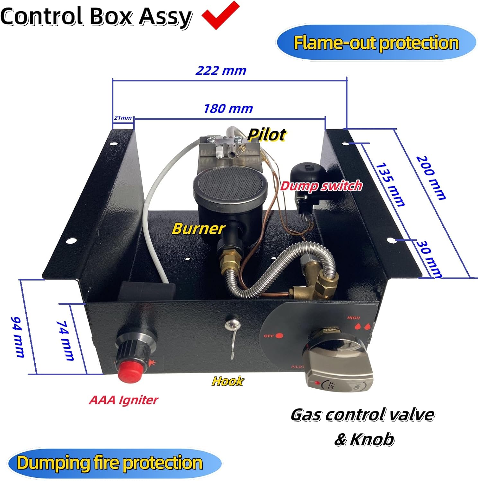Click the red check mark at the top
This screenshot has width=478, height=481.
221,15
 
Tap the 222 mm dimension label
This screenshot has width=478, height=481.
221,71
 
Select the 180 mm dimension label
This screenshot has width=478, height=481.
228,109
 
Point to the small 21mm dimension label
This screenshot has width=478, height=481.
123,118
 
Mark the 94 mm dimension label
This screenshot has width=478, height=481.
18,337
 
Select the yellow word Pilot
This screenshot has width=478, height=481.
267,135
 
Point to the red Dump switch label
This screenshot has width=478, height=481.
321,186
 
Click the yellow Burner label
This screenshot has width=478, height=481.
198,229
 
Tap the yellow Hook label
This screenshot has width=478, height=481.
227,381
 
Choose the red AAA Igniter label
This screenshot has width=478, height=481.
124,400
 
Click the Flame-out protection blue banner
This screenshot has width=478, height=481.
376,43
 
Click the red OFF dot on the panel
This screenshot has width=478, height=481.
279,336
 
